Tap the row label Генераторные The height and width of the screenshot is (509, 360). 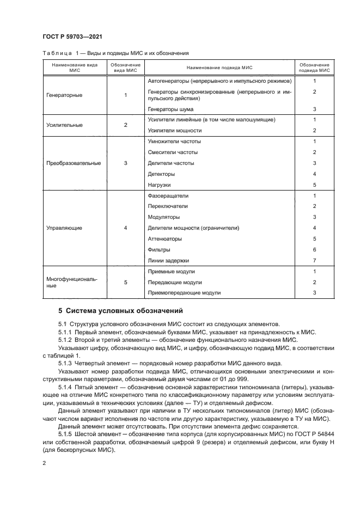pyautogui.click(x=65, y=95)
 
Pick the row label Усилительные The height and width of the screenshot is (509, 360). pyautogui.click(x=65, y=125)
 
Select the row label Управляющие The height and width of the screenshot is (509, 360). pyautogui.click(x=65, y=228)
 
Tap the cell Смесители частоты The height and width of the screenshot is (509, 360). pyautogui.click(x=173, y=152)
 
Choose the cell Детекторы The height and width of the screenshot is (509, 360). pyautogui.click(x=162, y=174)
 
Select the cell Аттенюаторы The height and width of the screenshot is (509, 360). pyautogui.click(x=165, y=239)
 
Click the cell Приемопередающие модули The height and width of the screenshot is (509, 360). pyautogui.click(x=184, y=293)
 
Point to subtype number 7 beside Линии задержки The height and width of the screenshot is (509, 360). pyautogui.click(x=315, y=260)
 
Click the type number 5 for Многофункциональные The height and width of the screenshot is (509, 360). pyautogui.click(x=126, y=282)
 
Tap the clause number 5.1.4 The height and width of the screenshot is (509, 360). pyautogui.click(x=66, y=387)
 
